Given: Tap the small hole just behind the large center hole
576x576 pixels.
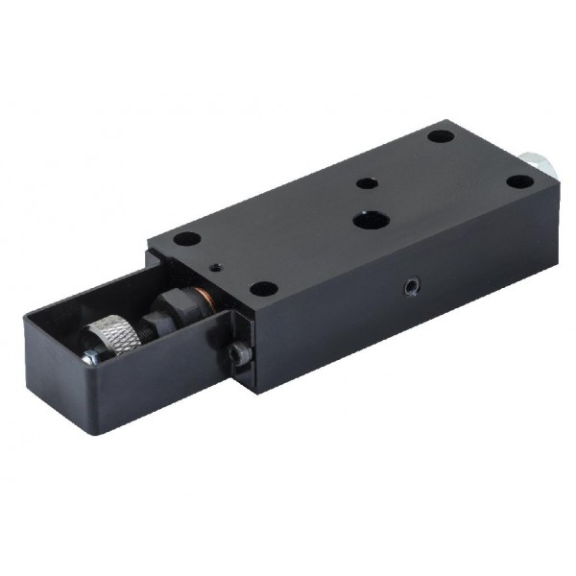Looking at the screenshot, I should click(x=363, y=182).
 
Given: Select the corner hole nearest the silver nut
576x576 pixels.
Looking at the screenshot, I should click(x=518, y=182).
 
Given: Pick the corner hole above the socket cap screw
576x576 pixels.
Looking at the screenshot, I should click(x=260, y=287).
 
